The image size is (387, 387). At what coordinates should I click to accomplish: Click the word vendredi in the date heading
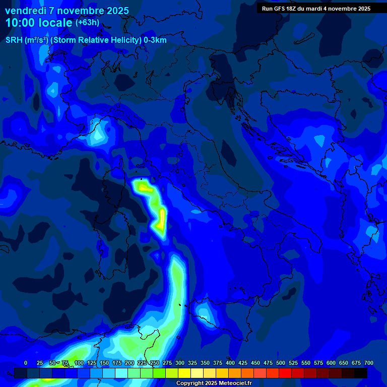click(25, 11)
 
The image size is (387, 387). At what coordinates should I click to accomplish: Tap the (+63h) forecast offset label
click(87, 23)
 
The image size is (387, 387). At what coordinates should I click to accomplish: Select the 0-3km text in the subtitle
click(155, 40)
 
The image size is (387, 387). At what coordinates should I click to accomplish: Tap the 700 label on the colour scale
click(369, 363)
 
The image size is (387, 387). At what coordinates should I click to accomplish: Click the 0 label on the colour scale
click(26, 363)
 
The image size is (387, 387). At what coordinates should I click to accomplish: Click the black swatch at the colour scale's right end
click(361, 373)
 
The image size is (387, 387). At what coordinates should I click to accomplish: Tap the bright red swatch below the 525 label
click(285, 373)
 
